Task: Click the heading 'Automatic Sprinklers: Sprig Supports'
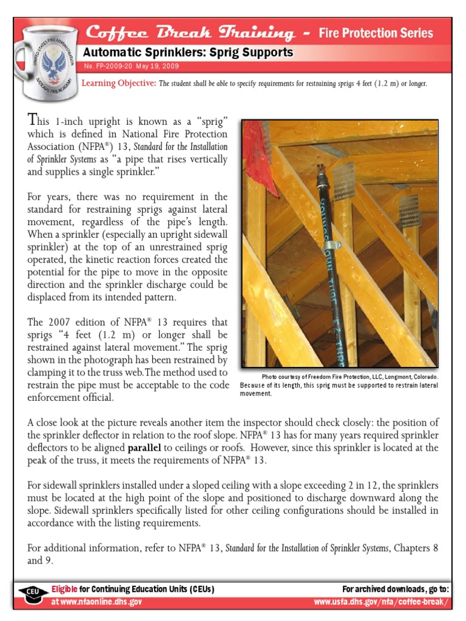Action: tap(187, 53)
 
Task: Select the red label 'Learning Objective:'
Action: tap(118, 83)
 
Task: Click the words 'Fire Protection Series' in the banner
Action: tap(376, 33)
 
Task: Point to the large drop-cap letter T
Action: tap(33, 119)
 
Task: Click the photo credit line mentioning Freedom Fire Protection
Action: tap(350, 377)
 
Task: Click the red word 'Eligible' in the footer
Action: tap(64, 589)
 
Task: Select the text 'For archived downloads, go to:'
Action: tap(395, 589)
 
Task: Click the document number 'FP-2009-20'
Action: tap(111, 66)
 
